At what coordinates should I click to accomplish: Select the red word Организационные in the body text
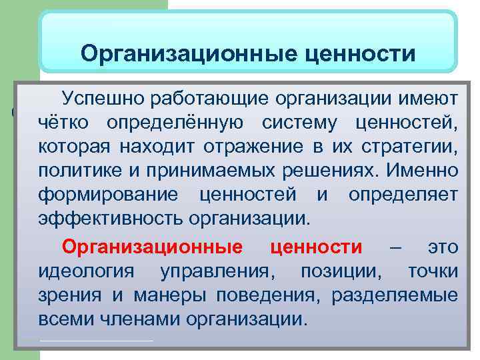152,247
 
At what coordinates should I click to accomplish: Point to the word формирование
107,195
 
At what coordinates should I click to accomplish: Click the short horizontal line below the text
97,341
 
